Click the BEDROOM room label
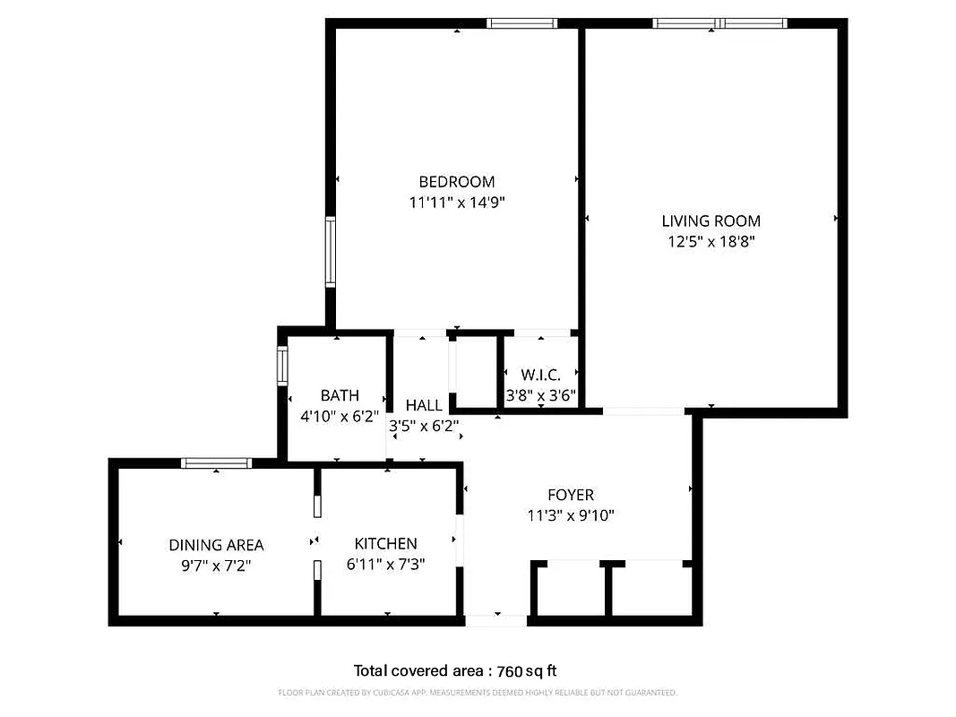457,182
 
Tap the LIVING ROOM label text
711,220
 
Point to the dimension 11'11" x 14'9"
457,203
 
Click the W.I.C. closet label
540,375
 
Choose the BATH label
340,395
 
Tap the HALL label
424,405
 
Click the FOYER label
571,495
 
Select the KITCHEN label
385,543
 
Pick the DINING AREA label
216,545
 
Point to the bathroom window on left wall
282,367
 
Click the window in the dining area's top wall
216,463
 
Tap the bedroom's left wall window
331,252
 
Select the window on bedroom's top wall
521,23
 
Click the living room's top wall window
720,23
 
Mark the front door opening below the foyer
496,619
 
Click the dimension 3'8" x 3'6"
540,395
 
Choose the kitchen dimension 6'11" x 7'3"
385,565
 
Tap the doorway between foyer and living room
643,411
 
